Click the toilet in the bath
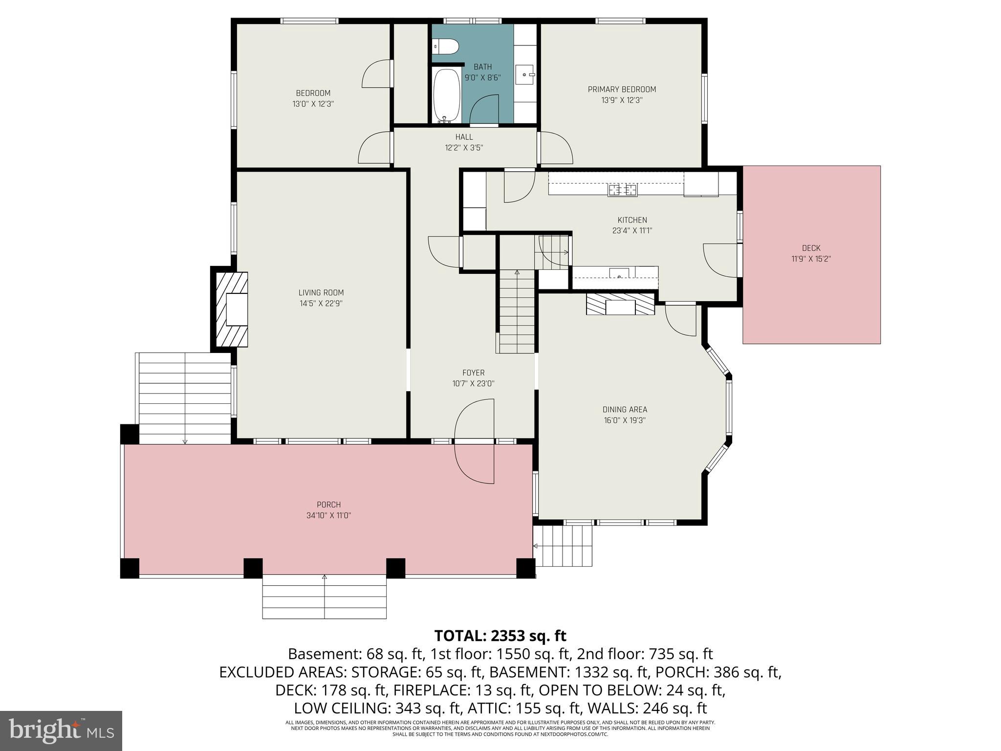[x=446, y=47]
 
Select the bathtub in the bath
[x=447, y=95]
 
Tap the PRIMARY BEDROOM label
[x=622, y=89]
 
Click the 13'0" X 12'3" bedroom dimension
[x=313, y=104]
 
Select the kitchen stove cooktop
[x=623, y=189]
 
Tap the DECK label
[x=811, y=248]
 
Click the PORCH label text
[x=328, y=505]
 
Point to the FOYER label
[x=473, y=373]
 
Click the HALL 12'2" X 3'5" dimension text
[x=464, y=148]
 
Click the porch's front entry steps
[x=324, y=597]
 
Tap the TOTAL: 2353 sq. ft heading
[x=500, y=636]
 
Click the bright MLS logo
[x=61, y=730]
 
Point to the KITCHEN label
[x=632, y=220]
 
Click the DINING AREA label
[x=625, y=410]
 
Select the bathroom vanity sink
[x=526, y=75]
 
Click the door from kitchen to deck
[x=720, y=260]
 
